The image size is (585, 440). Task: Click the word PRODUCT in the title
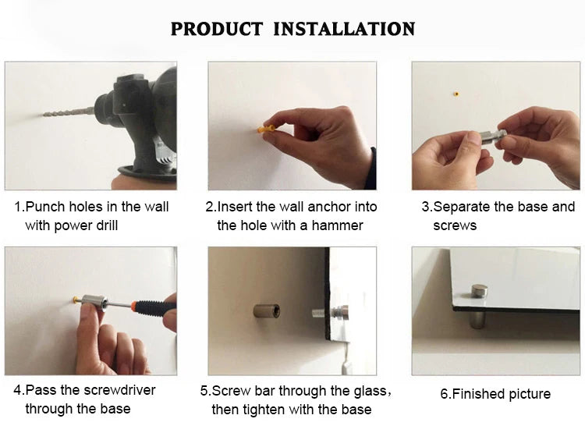[x=217, y=29]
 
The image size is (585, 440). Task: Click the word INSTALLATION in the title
[x=344, y=29]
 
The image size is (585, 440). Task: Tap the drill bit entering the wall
[x=69, y=112]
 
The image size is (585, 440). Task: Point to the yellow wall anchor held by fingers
[x=266, y=129]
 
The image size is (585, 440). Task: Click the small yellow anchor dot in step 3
[x=456, y=94]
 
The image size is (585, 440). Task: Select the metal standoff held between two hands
[x=491, y=137]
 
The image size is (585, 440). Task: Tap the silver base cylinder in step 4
[x=94, y=303]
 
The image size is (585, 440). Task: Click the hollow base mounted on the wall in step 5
[x=267, y=310]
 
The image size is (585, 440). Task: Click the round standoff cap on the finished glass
[x=479, y=291]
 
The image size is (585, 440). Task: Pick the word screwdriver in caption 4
[x=119, y=390]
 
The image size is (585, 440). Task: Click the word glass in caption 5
[x=370, y=391]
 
